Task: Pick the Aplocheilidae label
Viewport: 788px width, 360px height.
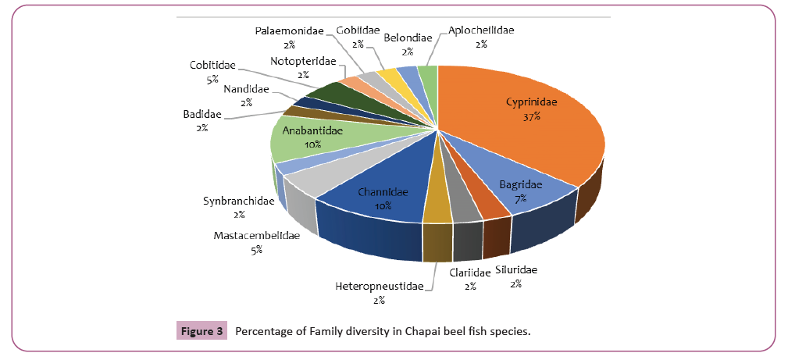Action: [481, 31]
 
